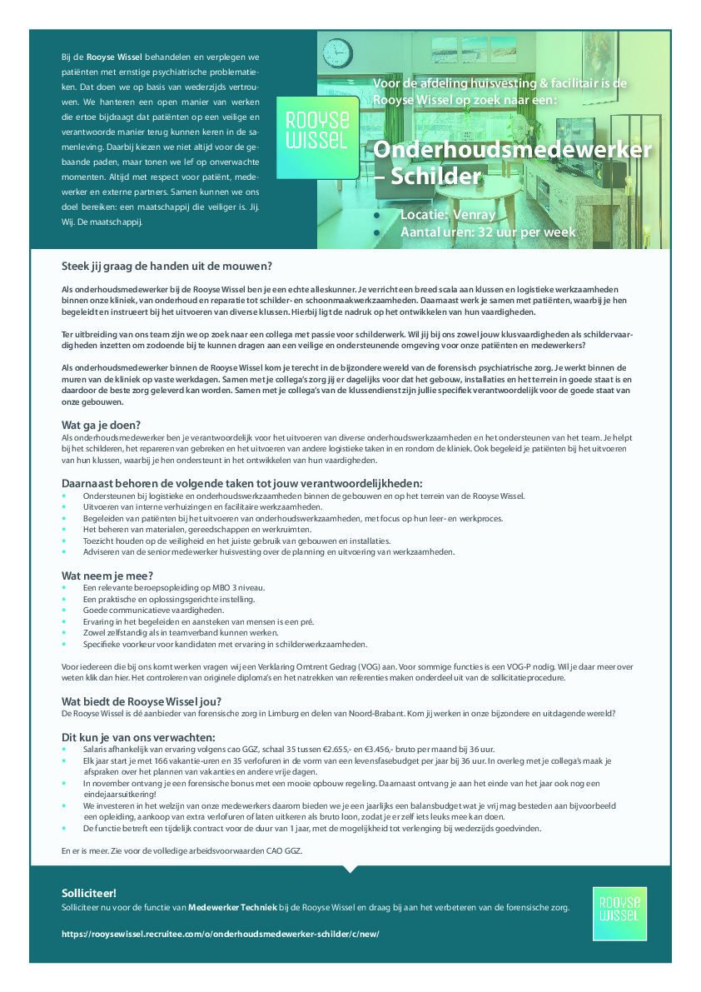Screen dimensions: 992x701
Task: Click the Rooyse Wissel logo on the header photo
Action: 317,137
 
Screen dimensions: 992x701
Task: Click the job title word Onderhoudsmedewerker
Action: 511,149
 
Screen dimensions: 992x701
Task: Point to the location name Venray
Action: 470,215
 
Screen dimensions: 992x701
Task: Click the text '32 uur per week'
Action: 523,232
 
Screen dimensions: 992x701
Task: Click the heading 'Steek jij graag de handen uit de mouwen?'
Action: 167,267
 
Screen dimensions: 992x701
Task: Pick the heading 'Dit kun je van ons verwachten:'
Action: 138,737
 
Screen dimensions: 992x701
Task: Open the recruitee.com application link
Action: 221,934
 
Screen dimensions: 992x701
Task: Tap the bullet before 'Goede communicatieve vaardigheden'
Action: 65,611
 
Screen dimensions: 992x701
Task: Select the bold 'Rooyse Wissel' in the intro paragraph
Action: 115,57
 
